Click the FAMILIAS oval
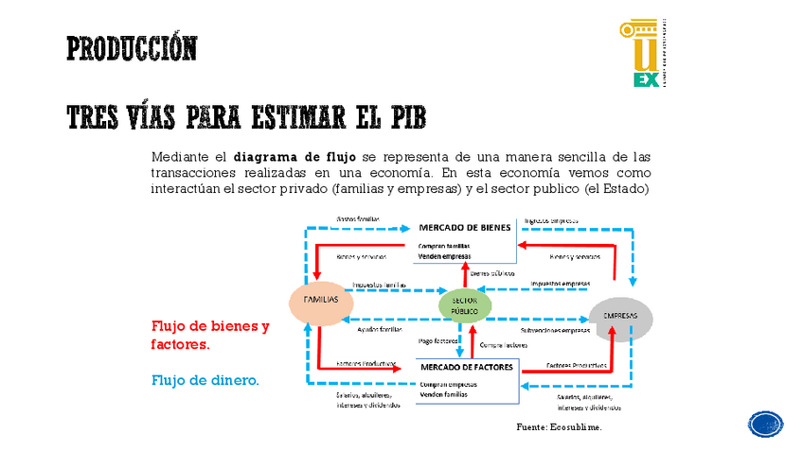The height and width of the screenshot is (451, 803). (x=320, y=301)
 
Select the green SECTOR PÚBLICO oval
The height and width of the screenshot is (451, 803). (x=465, y=304)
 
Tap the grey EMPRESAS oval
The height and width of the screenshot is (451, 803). (x=621, y=318)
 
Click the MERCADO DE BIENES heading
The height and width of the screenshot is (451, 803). (x=465, y=228)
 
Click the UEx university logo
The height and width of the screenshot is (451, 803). (x=647, y=53)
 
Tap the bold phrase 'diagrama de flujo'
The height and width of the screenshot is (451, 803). (x=294, y=157)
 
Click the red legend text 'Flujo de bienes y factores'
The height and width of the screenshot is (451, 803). (x=209, y=336)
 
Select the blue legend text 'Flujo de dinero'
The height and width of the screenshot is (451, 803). (x=205, y=380)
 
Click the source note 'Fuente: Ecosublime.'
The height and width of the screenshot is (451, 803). (x=559, y=427)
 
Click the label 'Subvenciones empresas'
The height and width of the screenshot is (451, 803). (x=555, y=330)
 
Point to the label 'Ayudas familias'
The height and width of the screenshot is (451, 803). (x=380, y=330)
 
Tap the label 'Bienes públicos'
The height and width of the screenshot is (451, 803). (x=492, y=272)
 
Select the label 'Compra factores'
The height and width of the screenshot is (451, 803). (x=503, y=345)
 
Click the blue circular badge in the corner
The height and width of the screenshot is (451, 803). (x=765, y=424)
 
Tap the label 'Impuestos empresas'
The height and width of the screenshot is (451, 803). (x=560, y=283)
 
